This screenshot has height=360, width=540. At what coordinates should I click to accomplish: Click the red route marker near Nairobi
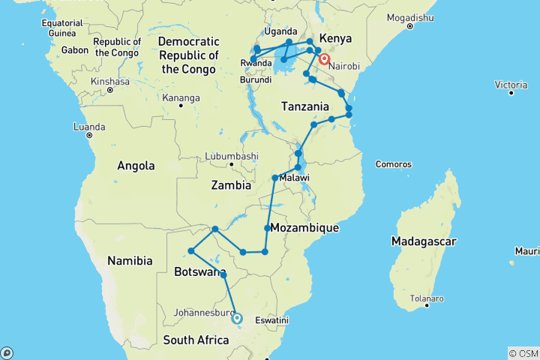pyautogui.click(x=325, y=58)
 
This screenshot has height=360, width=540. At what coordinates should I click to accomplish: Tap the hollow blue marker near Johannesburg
pyautogui.click(x=237, y=318)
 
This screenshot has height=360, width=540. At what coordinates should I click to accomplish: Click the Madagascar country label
pyautogui.click(x=423, y=241)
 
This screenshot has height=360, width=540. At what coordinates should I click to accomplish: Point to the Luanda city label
pyautogui.click(x=89, y=127)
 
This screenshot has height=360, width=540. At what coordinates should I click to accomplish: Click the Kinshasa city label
pyautogui.click(x=109, y=81)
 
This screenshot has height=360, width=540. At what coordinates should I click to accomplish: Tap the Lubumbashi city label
pyautogui.click(x=231, y=156)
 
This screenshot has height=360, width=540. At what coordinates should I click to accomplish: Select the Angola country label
pyautogui.click(x=135, y=166)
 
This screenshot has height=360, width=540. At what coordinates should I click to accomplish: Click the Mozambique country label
pyautogui.click(x=304, y=227)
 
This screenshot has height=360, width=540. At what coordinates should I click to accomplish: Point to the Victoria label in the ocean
pyautogui.click(x=511, y=85)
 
